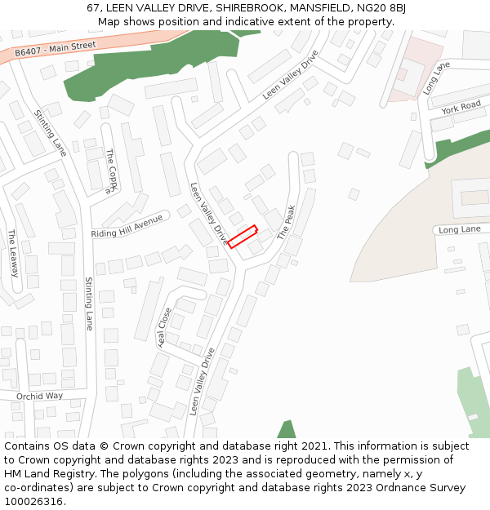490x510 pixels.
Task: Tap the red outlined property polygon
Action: click(x=243, y=237)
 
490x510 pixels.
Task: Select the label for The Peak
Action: click(x=284, y=222)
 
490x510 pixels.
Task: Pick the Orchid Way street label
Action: click(x=39, y=397)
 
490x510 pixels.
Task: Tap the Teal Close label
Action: click(x=164, y=327)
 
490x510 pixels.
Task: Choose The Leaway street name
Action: click(x=13, y=253)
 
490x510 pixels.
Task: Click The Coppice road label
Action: click(x=112, y=172)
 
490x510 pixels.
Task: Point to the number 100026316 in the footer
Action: click(x=33, y=502)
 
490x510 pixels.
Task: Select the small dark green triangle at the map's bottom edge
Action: click(x=286, y=429)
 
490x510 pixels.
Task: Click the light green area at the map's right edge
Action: click(x=473, y=400)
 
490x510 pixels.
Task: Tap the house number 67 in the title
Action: click(x=93, y=8)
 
